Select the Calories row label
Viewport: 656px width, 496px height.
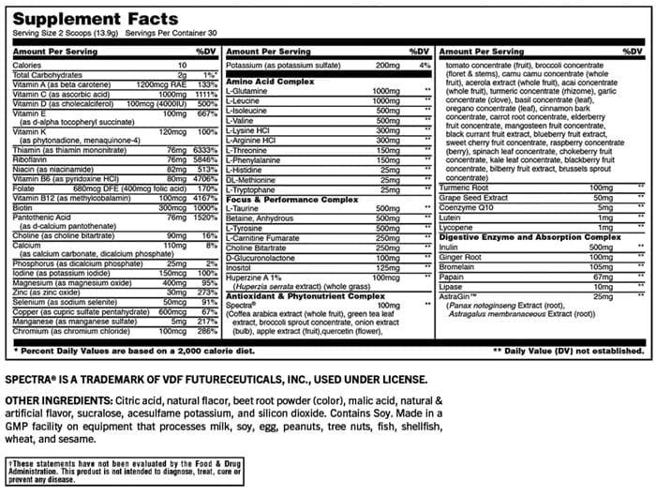pos(28,65)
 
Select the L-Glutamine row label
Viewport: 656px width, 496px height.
pos(247,92)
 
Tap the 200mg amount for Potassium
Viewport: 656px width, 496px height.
pos(386,65)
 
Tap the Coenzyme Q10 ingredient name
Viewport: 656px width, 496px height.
pos(470,207)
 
